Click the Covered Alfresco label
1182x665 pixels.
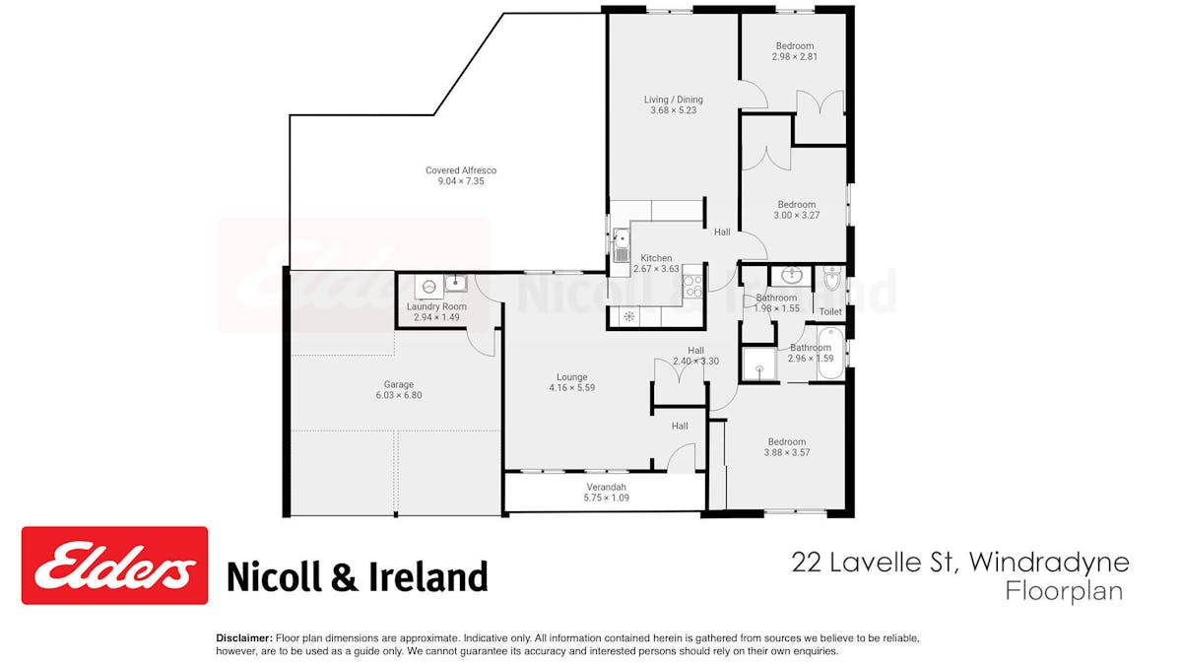(461, 170)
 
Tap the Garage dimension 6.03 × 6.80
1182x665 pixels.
(399, 395)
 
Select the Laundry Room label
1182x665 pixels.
(436, 306)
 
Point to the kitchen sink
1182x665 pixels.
(622, 245)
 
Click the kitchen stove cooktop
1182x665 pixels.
(692, 287)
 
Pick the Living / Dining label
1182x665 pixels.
(674, 100)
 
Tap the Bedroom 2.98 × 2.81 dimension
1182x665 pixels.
(795, 57)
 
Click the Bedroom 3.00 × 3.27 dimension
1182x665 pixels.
(796, 216)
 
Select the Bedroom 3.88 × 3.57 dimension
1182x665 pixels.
(787, 452)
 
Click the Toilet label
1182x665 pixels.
(830, 312)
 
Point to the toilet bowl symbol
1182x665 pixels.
(832, 278)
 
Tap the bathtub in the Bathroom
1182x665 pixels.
(831, 353)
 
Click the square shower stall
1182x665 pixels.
(759, 364)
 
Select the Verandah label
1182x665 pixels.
(607, 487)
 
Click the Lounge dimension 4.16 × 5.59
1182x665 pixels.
(572, 388)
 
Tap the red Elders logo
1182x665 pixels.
(114, 565)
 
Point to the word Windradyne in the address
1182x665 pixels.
(1048, 564)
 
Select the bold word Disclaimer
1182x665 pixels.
(244, 638)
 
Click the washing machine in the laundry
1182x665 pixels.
(429, 287)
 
